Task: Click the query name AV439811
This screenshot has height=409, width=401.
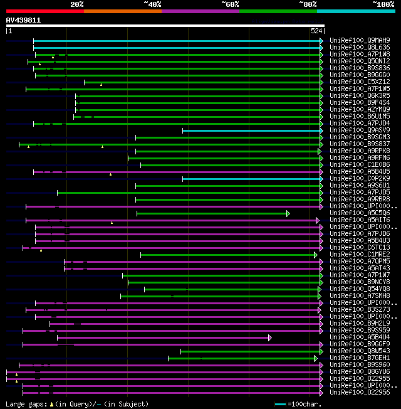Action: click(x=24, y=20)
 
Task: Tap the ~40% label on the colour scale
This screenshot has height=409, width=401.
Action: click(x=152, y=4)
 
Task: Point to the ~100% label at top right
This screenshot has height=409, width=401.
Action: click(x=383, y=4)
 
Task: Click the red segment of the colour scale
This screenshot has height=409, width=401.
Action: click(x=44, y=11)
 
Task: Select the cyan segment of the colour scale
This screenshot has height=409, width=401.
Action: click(x=355, y=11)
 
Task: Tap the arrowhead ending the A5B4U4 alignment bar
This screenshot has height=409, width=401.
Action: click(x=270, y=337)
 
